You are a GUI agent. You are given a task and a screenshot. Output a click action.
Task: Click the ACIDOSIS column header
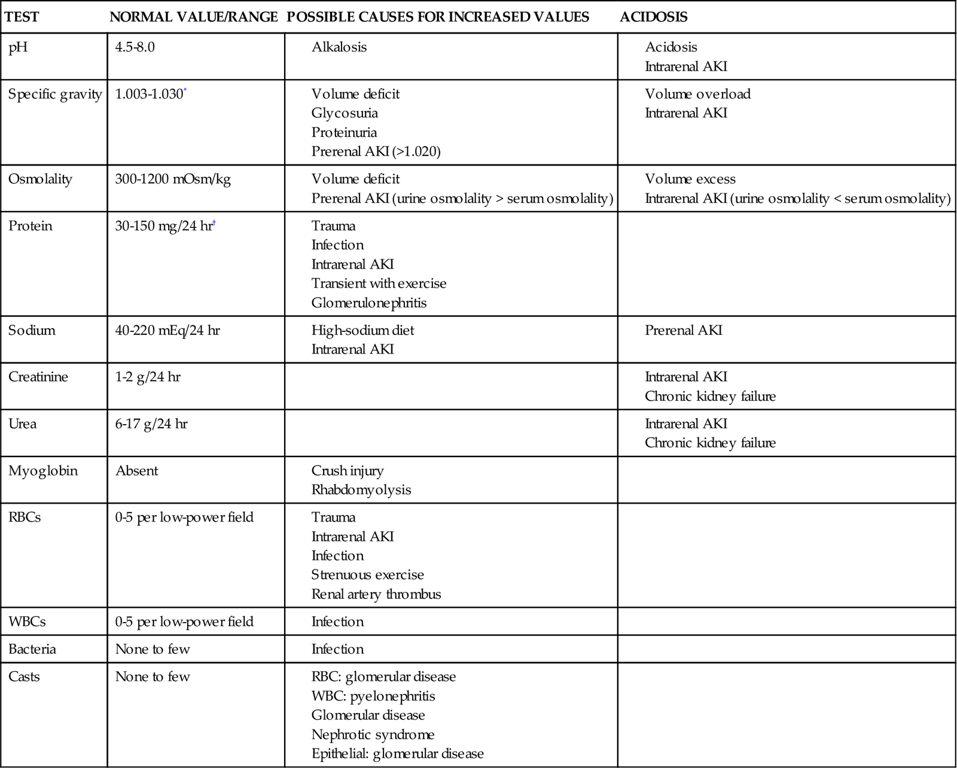(x=653, y=17)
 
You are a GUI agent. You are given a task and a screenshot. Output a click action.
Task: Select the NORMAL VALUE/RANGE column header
(x=194, y=17)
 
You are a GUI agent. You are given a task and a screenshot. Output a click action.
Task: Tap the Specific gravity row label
(x=55, y=95)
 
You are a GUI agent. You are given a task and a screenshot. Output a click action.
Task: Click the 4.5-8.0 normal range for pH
(x=135, y=47)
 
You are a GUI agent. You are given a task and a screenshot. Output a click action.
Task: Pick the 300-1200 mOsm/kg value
(x=173, y=179)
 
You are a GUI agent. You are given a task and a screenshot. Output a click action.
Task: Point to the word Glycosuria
(x=345, y=114)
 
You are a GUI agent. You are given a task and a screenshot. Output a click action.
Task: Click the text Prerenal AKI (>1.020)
(x=376, y=152)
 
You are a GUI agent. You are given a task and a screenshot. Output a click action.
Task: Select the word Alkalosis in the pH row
(x=339, y=47)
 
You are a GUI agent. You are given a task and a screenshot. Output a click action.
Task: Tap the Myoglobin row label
(x=43, y=471)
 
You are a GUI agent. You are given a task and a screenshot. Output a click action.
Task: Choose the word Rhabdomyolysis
(x=361, y=490)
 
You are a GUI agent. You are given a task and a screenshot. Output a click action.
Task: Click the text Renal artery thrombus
(x=376, y=595)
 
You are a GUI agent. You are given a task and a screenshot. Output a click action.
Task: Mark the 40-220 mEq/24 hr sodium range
(x=167, y=331)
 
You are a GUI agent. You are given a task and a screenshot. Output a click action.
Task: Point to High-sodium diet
(x=362, y=331)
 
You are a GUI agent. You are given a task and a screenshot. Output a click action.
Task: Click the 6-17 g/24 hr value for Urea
(x=151, y=424)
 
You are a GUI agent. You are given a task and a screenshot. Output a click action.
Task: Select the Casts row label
(x=24, y=677)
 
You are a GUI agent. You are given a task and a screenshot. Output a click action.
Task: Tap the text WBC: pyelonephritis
(x=373, y=696)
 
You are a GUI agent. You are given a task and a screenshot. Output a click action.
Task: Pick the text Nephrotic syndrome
(x=373, y=735)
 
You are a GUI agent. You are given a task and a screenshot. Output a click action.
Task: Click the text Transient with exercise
(x=379, y=284)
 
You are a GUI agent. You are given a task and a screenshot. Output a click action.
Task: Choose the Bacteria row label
(x=32, y=650)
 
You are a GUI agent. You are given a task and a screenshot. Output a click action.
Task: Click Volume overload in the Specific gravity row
(x=697, y=95)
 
